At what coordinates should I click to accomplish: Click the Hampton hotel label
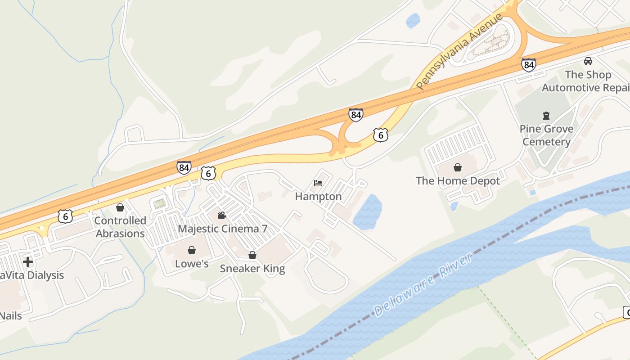pos(318,197)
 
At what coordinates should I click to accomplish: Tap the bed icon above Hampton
pos(318,183)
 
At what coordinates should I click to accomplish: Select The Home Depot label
pos(458,181)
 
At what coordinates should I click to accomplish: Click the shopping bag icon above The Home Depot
pos(458,168)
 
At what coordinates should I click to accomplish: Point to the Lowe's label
pos(192,263)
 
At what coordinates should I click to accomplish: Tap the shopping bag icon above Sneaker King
pos(252,255)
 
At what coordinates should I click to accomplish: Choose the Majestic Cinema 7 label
pos(222,229)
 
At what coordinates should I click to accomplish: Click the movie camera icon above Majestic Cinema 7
pos(222,215)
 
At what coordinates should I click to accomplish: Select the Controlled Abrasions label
pos(120,227)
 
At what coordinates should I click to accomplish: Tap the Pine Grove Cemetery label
pos(546,135)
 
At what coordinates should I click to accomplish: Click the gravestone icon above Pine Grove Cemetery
pos(546,116)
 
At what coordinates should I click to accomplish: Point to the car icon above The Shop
pos(588,61)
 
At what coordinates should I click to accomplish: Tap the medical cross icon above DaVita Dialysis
pos(28,261)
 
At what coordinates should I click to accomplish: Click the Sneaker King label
pos(252,269)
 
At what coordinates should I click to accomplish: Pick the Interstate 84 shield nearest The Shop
pos(529,65)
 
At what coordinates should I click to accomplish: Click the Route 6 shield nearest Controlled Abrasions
pos(65,216)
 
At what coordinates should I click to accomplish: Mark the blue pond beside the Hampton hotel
pos(368,211)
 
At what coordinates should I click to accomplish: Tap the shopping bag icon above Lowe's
pos(192,250)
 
